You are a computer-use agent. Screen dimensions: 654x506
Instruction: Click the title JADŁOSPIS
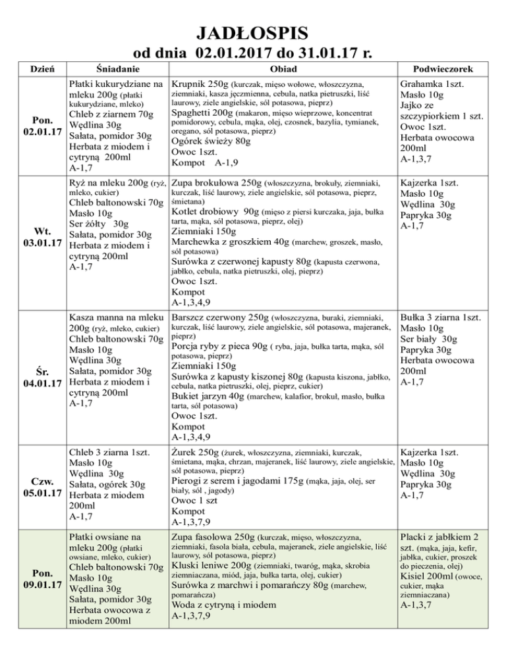click(x=253, y=31)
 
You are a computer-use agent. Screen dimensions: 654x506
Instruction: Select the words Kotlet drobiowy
click(x=206, y=212)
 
